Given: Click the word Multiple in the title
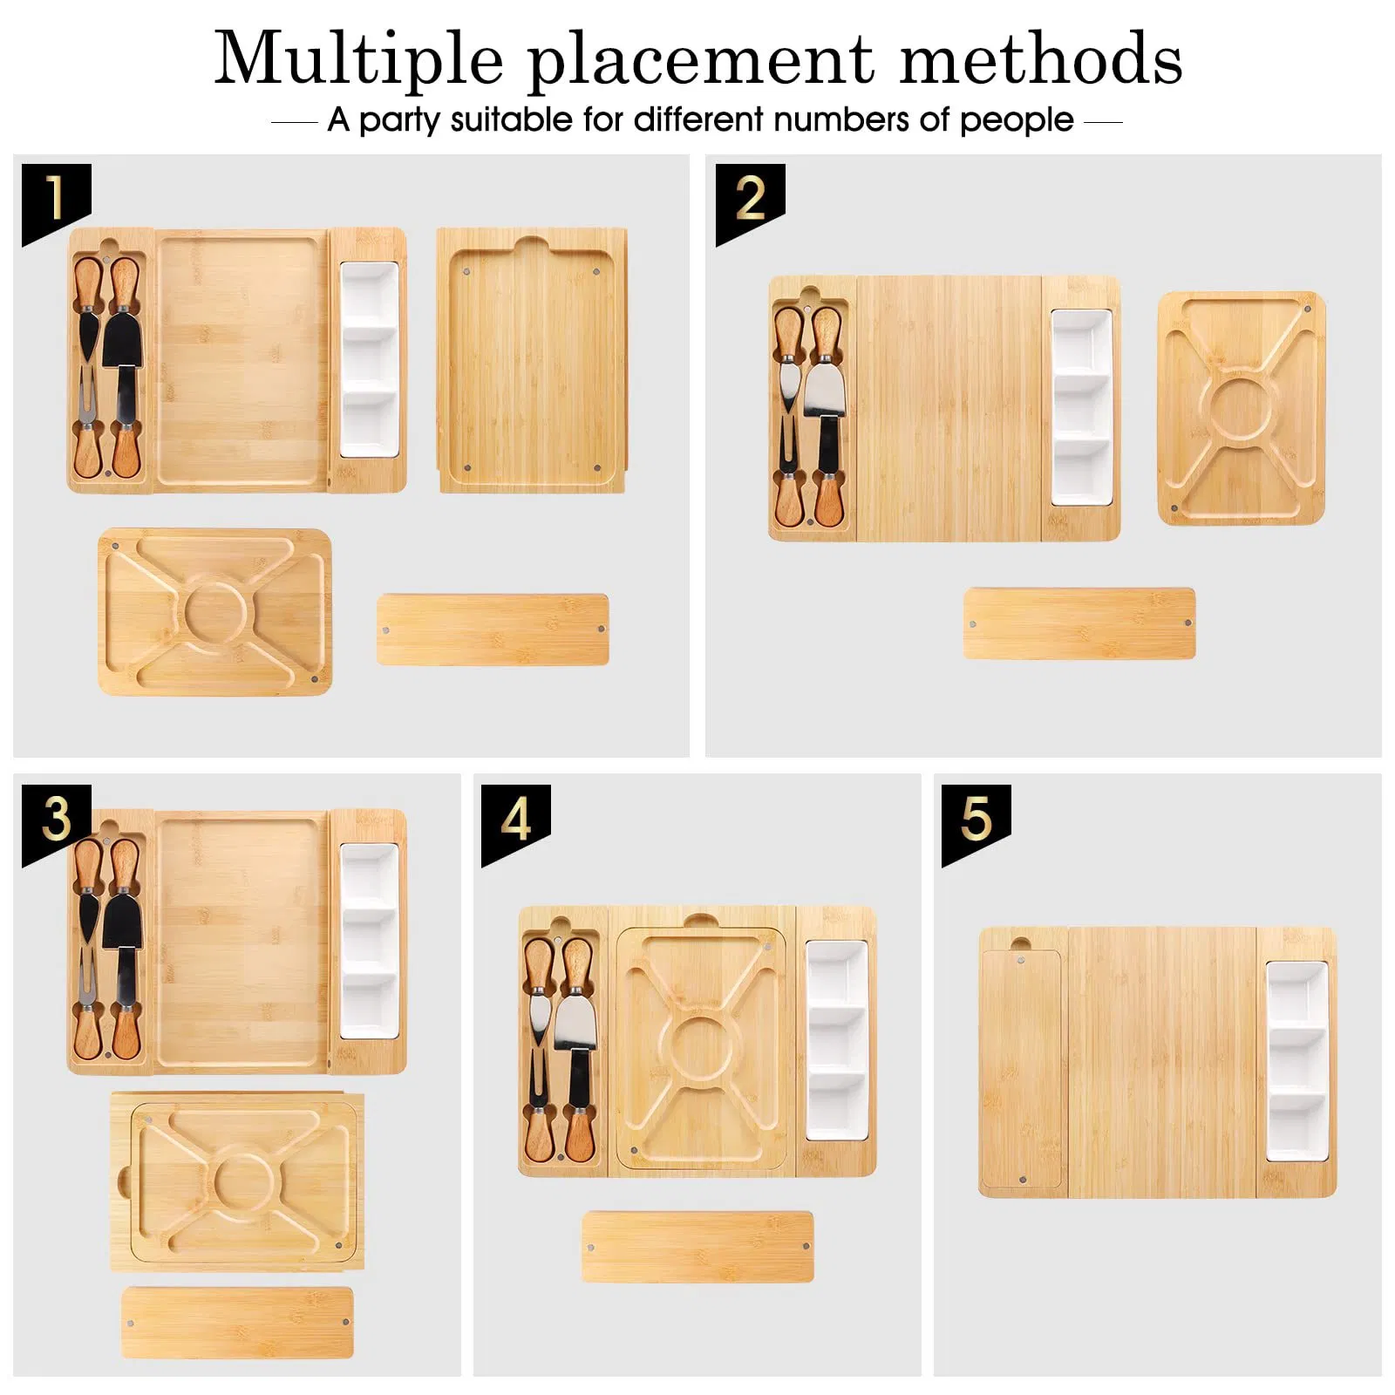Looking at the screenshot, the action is point(359,59).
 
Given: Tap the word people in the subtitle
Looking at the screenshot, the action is point(1017,120).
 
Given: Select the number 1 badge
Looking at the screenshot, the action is point(56,199).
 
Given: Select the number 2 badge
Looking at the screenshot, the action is point(750,199).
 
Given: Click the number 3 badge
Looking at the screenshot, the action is point(56,820).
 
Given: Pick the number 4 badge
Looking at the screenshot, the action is point(515,820).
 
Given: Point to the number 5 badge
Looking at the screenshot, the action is point(976,820).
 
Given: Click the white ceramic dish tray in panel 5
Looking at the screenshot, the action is point(1296,1061).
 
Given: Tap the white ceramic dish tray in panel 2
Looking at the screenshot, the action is point(1081,407).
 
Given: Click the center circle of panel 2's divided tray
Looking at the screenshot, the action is point(1241,408).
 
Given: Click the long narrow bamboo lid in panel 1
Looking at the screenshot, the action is point(493,629).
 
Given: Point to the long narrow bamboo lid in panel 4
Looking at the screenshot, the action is point(697,1247).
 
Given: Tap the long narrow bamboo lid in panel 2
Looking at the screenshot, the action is point(1079,623).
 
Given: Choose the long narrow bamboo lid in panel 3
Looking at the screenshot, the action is point(237,1323).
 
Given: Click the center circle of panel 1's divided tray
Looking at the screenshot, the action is point(214,610).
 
